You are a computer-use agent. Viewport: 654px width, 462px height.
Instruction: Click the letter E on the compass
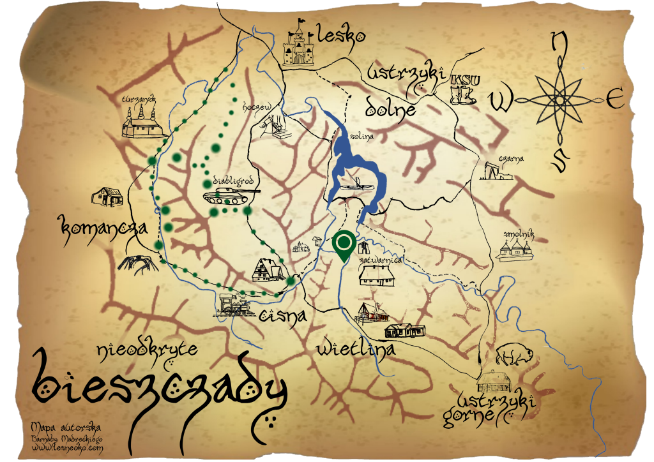click(x=614, y=100)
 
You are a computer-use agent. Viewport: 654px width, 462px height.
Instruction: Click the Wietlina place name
click(x=356, y=348)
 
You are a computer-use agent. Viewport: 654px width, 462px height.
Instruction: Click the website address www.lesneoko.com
click(x=67, y=449)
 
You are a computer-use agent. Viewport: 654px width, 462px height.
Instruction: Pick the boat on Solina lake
click(x=354, y=185)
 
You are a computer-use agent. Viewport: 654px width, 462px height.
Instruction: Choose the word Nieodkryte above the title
click(x=148, y=349)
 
